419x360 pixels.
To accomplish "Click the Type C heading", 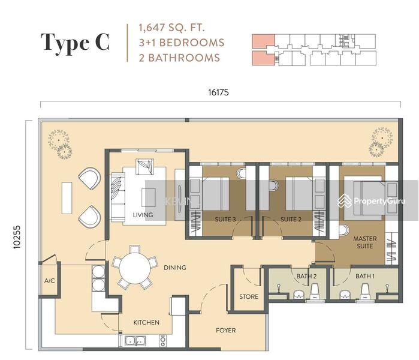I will coord(75,43).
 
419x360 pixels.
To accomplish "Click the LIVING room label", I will coord(143,215).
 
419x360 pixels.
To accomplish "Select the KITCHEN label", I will coord(146,322).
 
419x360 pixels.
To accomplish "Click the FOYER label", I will coord(225,330).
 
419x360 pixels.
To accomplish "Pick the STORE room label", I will coord(249,296).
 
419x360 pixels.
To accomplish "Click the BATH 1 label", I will coord(364,276).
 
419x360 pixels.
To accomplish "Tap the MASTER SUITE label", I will coord(364,242).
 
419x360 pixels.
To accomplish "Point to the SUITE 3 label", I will coord(225,220).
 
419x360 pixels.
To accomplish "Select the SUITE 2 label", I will coord(291,220).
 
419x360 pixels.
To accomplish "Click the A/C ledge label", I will coord(49,280).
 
